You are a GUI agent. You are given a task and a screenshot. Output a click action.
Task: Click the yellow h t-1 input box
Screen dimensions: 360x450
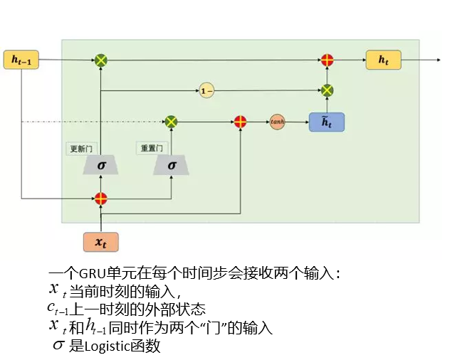(x=21, y=60)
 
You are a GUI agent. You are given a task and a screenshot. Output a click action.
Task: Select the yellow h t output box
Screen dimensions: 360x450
(x=384, y=60)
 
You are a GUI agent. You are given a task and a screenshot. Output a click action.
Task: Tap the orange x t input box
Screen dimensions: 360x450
(x=100, y=242)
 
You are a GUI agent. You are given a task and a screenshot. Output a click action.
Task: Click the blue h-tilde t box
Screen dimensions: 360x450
(x=326, y=122)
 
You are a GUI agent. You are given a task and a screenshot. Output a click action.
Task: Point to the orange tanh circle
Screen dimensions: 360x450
(x=277, y=122)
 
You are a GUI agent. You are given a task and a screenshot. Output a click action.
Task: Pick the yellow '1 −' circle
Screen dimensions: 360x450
(x=206, y=90)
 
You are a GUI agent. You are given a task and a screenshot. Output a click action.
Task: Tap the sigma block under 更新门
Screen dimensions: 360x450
(x=101, y=165)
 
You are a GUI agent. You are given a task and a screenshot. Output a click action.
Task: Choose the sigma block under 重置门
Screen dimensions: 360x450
(x=172, y=165)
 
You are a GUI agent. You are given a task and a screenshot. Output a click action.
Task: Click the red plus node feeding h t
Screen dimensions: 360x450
(x=327, y=60)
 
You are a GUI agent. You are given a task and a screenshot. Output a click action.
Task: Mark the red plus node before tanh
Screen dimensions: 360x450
(x=241, y=122)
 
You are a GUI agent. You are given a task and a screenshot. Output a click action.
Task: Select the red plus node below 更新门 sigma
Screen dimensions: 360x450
(x=101, y=198)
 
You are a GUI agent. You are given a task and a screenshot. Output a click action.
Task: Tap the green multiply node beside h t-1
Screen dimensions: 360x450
(x=101, y=60)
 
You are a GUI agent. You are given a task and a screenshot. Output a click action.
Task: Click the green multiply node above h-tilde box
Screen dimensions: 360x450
(x=327, y=90)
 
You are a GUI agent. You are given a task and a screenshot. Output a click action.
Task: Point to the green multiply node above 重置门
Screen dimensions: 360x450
(x=171, y=122)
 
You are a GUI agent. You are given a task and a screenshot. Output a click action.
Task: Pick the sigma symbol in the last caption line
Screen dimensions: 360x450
(x=59, y=346)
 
